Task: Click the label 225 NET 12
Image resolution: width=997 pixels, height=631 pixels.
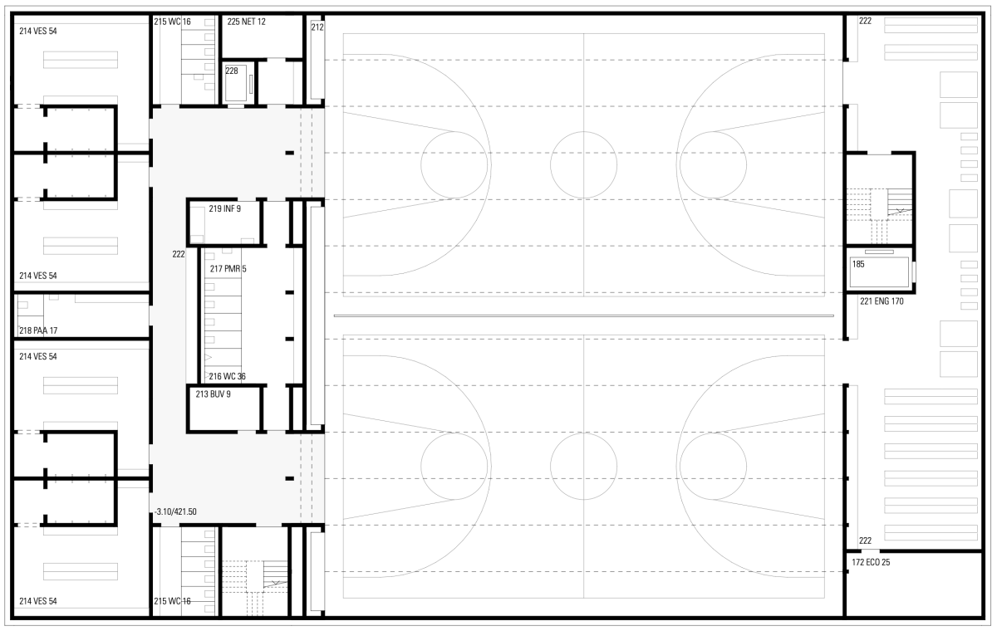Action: point(247,22)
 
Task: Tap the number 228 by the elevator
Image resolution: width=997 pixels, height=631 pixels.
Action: point(232,71)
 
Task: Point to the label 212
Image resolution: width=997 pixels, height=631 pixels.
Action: point(317,27)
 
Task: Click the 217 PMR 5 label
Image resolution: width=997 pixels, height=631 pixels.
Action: point(228,269)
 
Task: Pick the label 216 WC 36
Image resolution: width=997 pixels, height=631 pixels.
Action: point(227,376)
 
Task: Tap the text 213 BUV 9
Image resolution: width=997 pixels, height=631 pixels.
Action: point(214,394)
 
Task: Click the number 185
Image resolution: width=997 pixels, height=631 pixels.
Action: point(858,264)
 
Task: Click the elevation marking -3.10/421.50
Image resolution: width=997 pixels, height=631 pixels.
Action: point(175,511)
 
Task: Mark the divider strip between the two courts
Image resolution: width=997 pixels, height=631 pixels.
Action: point(583,316)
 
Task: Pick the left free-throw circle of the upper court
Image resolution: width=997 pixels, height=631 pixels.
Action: point(454,164)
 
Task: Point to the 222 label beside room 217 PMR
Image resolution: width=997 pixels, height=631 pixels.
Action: point(179,254)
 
